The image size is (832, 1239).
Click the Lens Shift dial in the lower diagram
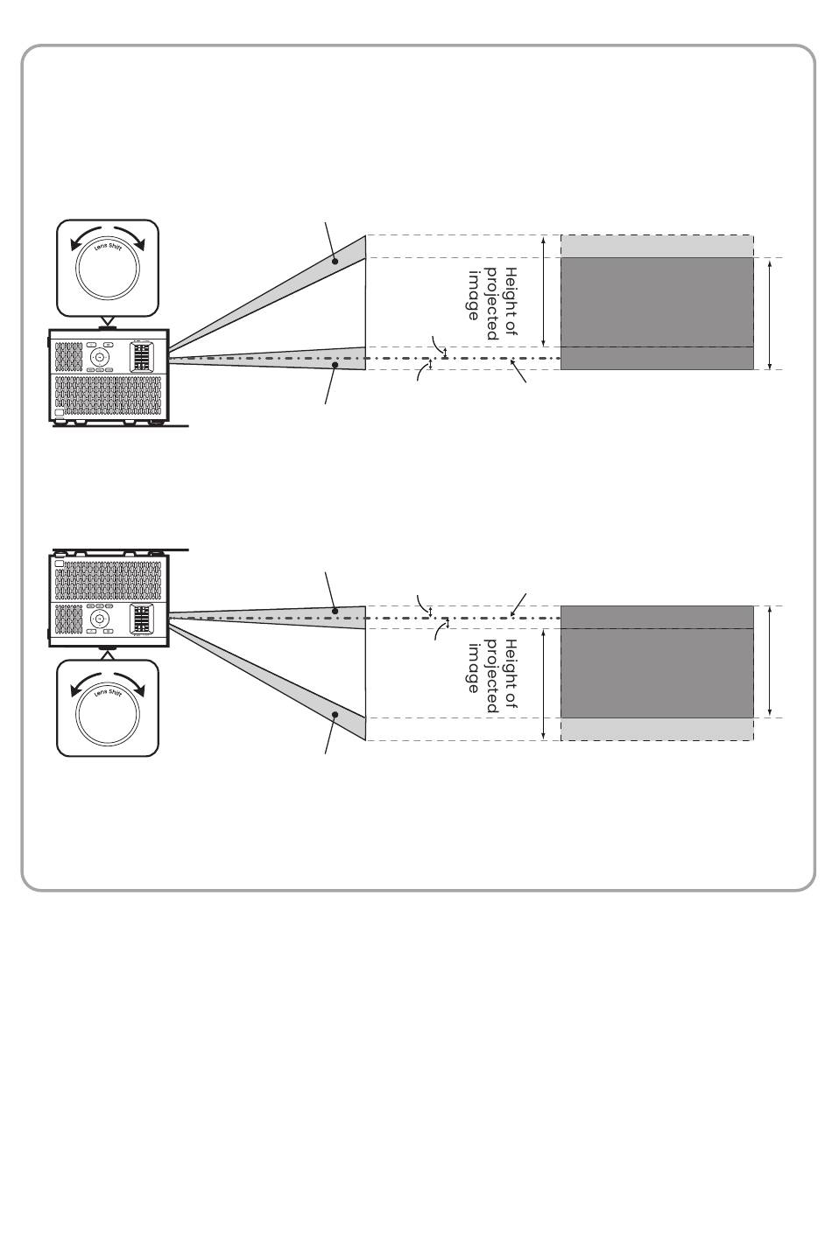point(108,709)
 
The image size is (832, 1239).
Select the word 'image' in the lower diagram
point(474,668)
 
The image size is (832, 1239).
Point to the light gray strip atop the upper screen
point(657,246)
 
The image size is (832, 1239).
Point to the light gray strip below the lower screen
point(657,729)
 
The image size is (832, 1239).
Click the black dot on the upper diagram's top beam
point(335,260)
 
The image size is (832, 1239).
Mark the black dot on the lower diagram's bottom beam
point(335,716)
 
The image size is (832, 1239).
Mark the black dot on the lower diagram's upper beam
point(335,610)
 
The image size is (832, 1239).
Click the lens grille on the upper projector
point(142,357)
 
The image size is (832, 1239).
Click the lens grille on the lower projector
point(142,619)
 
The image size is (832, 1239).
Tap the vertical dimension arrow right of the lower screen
point(770,661)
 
